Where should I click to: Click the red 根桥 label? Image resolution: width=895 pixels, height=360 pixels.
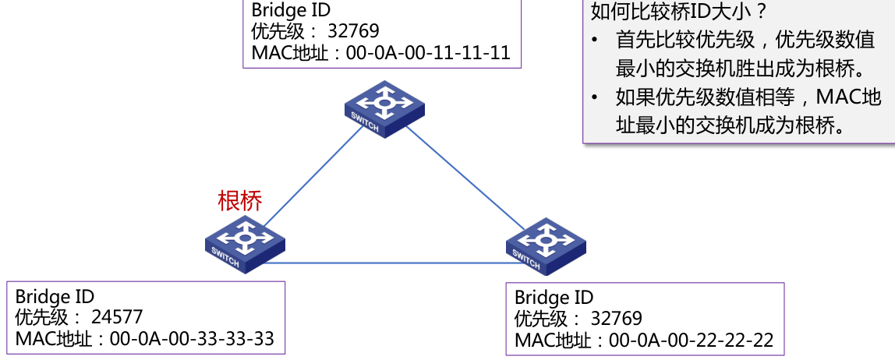[x=240, y=200]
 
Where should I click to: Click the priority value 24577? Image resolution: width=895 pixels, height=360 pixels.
[x=117, y=317]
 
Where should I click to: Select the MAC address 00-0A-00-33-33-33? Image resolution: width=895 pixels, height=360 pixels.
[x=192, y=339]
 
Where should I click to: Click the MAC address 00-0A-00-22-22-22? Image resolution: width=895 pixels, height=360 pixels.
[x=691, y=341]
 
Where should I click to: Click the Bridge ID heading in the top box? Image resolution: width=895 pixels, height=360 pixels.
[x=291, y=11]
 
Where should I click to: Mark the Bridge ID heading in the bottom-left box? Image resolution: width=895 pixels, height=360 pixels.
[x=55, y=296]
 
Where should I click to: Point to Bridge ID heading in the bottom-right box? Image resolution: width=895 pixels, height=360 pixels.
[x=554, y=298]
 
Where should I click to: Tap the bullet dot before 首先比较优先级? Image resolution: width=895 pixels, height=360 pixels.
[x=596, y=41]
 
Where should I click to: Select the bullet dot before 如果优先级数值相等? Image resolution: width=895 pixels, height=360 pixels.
[x=596, y=98]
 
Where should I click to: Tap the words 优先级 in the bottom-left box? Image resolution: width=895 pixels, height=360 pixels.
[x=41, y=317]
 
